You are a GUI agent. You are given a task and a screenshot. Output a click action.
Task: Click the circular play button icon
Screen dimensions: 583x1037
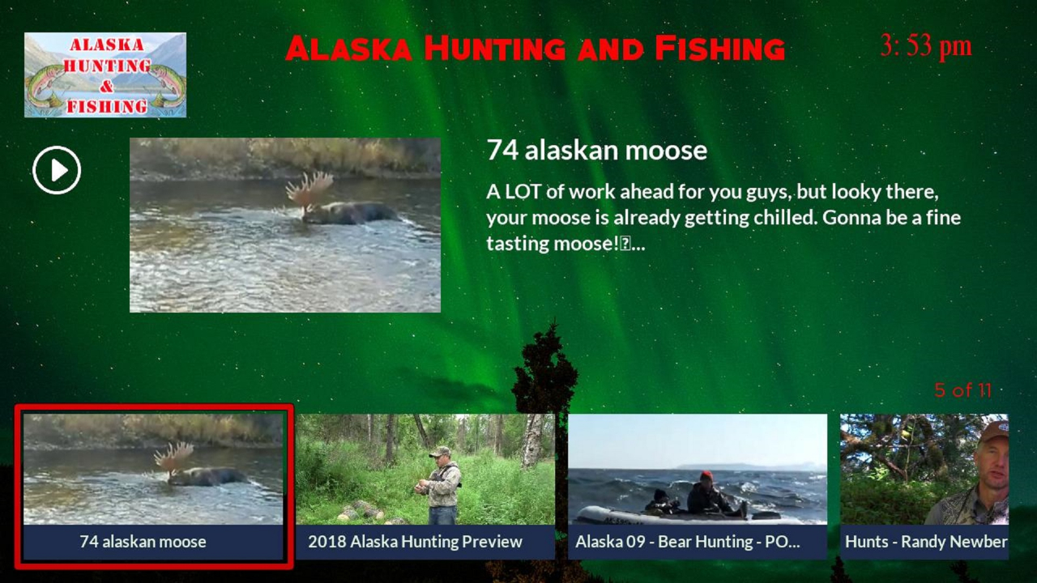[57, 170]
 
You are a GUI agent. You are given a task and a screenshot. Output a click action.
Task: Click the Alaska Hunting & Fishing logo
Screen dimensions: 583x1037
[105, 74]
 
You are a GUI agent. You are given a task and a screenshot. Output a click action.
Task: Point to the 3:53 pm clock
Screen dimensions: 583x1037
[925, 46]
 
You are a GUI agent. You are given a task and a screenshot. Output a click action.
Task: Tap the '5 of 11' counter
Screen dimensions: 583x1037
[962, 390]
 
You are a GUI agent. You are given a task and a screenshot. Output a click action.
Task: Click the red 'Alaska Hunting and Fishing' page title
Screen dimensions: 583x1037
[535, 49]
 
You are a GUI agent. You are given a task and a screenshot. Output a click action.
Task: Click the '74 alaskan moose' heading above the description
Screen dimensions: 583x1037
[596, 150]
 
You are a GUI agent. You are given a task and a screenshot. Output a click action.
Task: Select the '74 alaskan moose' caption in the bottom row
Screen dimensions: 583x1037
[143, 542]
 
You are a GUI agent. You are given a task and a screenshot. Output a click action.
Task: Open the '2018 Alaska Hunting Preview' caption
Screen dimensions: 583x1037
[415, 542]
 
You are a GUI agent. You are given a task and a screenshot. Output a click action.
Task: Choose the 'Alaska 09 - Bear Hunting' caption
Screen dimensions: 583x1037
[687, 542]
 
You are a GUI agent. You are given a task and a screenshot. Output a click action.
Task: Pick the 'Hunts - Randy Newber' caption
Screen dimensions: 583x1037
[925, 542]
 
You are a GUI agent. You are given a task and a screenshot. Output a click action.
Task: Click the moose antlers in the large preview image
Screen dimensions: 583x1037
[309, 191]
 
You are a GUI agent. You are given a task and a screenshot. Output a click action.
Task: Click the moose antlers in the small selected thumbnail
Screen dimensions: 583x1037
[174, 457]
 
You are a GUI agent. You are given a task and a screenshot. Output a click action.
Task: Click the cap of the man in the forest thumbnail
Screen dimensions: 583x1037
[440, 451]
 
